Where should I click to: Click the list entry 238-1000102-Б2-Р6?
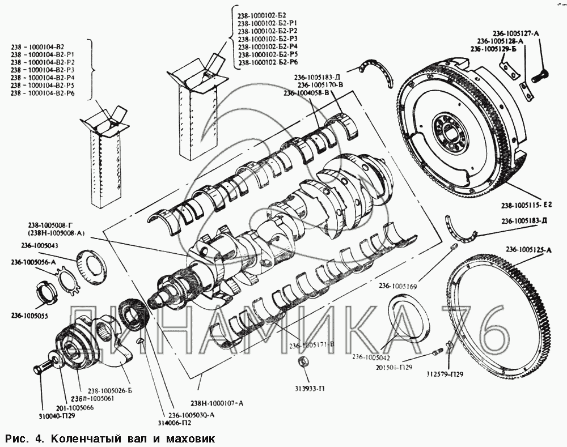click(x=268, y=62)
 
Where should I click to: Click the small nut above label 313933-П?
click(x=303, y=363)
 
